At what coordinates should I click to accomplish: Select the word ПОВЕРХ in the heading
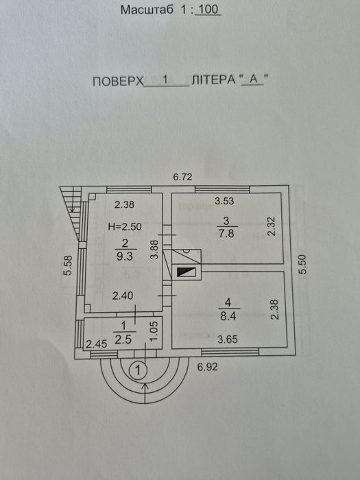pos(118,82)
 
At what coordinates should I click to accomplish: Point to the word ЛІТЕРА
pos(213,80)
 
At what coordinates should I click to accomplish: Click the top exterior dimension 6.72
pos(182,177)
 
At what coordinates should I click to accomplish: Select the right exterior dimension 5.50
pos(302,264)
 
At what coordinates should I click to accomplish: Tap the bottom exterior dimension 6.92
pos(208,367)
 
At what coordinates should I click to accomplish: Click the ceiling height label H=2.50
pos(125,227)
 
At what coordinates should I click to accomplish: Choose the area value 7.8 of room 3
pos(227,234)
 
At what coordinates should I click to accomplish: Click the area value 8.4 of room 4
pos(228,316)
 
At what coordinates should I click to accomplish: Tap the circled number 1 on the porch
pos(138,371)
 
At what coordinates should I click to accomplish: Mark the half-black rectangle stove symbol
pos(186,272)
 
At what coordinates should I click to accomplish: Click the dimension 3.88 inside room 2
pos(154,250)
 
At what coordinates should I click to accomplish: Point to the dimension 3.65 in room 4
pos(228,339)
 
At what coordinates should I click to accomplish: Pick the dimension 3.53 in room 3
pos(224,201)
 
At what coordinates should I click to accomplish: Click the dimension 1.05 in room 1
pos(154,331)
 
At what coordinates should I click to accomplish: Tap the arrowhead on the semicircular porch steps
pos(145,386)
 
